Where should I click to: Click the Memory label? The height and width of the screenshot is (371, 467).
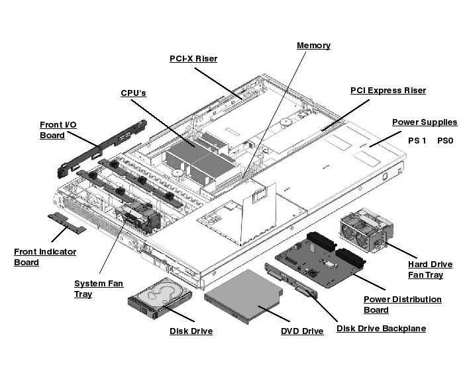[313, 46]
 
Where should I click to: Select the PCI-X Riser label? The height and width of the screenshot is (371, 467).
[193, 59]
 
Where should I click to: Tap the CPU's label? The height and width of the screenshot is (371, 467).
[133, 93]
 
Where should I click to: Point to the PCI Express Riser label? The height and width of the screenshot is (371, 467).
[388, 91]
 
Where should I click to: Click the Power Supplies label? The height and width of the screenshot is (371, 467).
[425, 122]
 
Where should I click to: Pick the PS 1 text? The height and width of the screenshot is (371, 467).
[417, 141]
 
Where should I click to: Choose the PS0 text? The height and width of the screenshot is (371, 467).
[445, 141]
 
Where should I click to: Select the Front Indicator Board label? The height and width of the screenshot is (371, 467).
[45, 257]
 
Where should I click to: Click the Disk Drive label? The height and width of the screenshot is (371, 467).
[191, 331]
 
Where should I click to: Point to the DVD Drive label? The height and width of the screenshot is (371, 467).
[302, 331]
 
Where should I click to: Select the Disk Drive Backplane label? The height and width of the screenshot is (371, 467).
[381, 329]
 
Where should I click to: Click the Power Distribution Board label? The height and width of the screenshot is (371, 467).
[403, 304]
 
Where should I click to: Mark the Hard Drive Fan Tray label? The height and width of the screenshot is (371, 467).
[430, 269]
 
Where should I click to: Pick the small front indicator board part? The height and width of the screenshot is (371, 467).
[67, 222]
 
